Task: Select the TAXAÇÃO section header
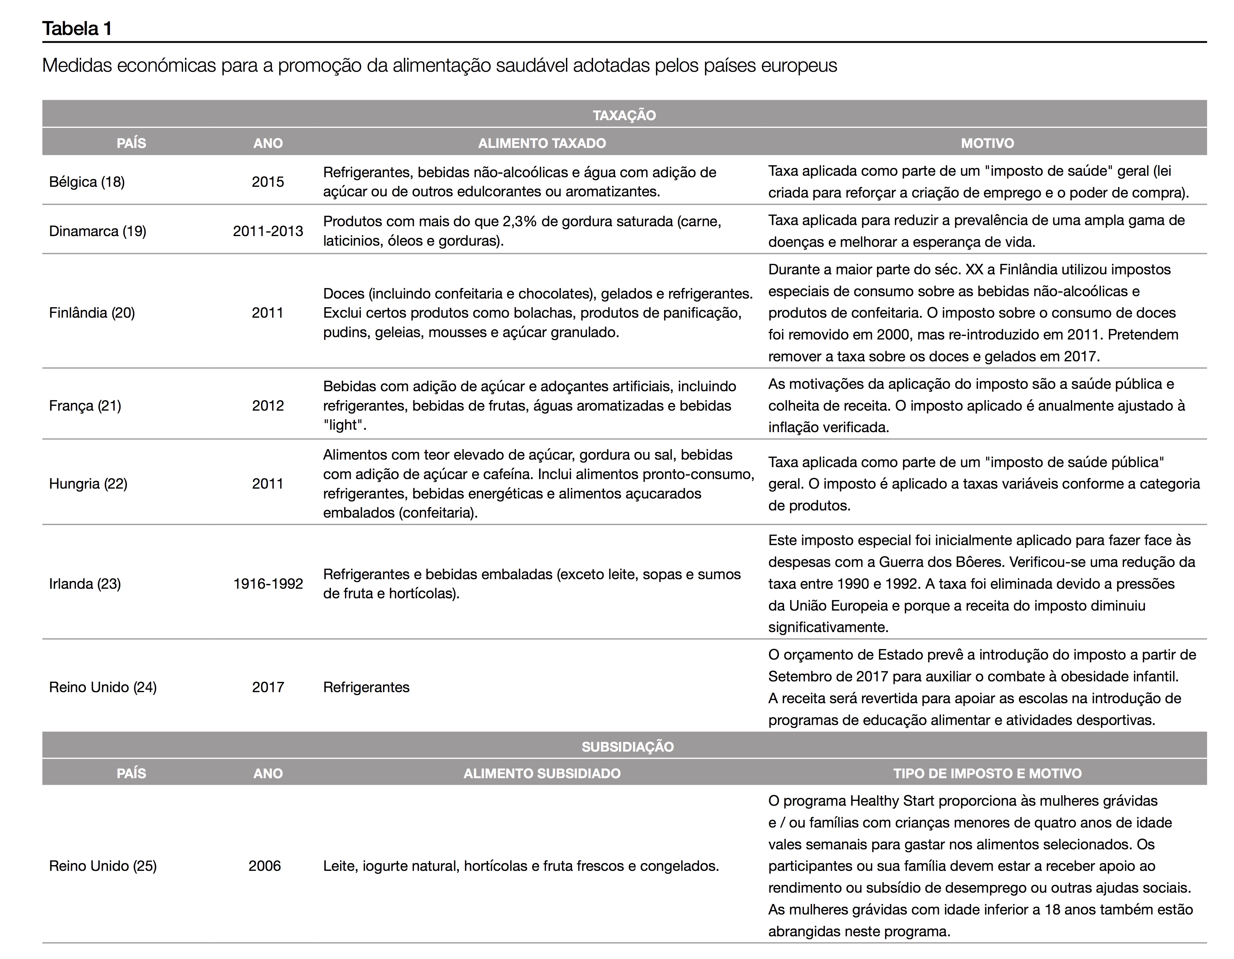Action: tap(624, 115)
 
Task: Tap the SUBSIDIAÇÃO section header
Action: tap(627, 747)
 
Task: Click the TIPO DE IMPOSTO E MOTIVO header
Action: tap(987, 773)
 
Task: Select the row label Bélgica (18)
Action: tap(87, 182)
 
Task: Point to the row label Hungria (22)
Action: tap(88, 484)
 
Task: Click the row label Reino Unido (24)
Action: tap(103, 687)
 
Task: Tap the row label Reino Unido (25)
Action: tap(103, 866)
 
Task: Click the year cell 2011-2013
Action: tap(268, 231)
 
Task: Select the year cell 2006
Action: tap(264, 866)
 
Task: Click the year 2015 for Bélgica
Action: tap(268, 182)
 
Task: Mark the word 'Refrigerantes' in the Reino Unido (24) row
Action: tap(366, 687)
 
